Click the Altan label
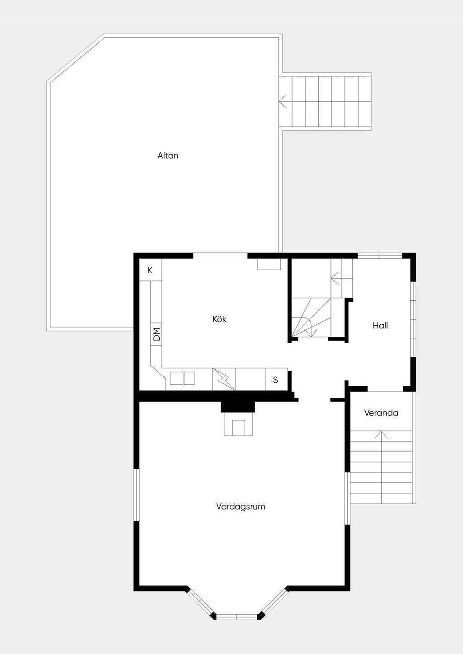click(x=168, y=155)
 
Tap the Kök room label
click(x=219, y=319)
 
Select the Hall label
click(x=380, y=325)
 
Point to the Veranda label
click(x=381, y=413)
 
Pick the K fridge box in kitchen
click(x=150, y=270)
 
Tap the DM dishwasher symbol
click(x=156, y=334)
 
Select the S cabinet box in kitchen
click(x=276, y=379)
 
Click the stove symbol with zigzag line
click(x=224, y=379)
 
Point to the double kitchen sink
click(x=182, y=378)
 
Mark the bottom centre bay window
click(x=236, y=617)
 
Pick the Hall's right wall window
click(x=413, y=319)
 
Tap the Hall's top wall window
click(x=380, y=256)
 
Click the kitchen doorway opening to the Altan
click(x=220, y=256)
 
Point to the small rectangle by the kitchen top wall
click(x=269, y=264)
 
